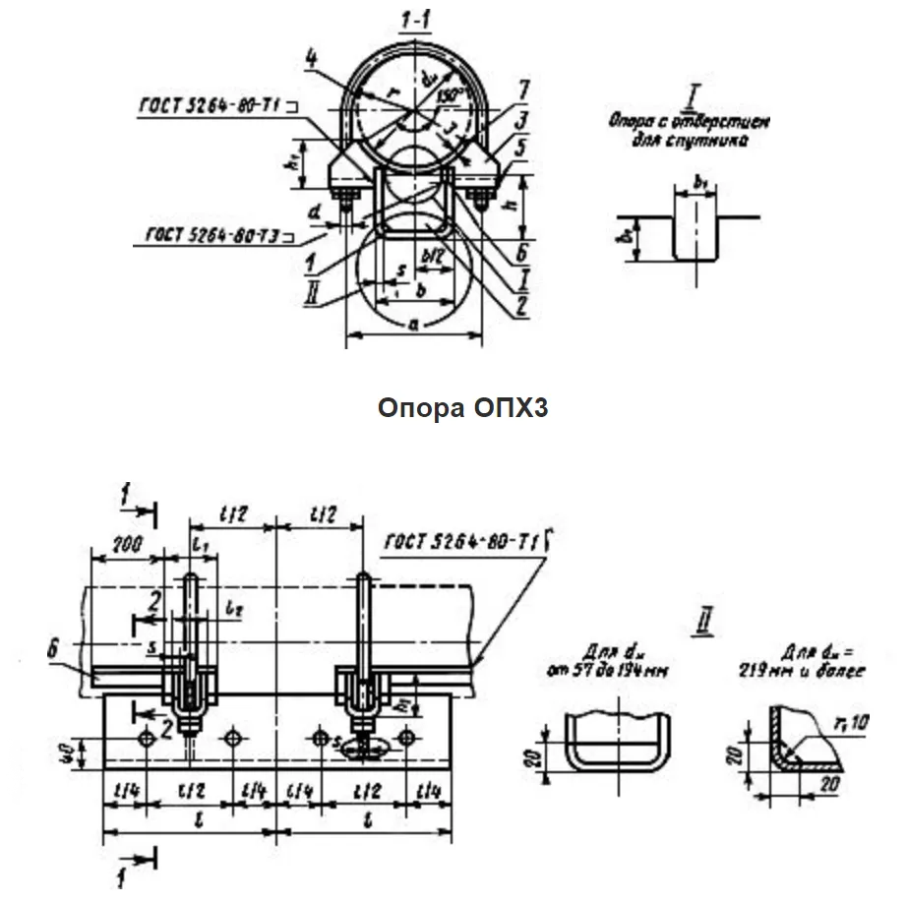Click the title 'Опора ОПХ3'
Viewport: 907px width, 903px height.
pos(462,408)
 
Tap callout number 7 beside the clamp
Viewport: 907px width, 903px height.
pos(523,91)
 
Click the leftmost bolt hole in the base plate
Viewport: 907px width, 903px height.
pos(146,737)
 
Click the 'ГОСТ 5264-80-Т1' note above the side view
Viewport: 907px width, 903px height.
pos(457,539)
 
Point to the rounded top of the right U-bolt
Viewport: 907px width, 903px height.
pos(365,577)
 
